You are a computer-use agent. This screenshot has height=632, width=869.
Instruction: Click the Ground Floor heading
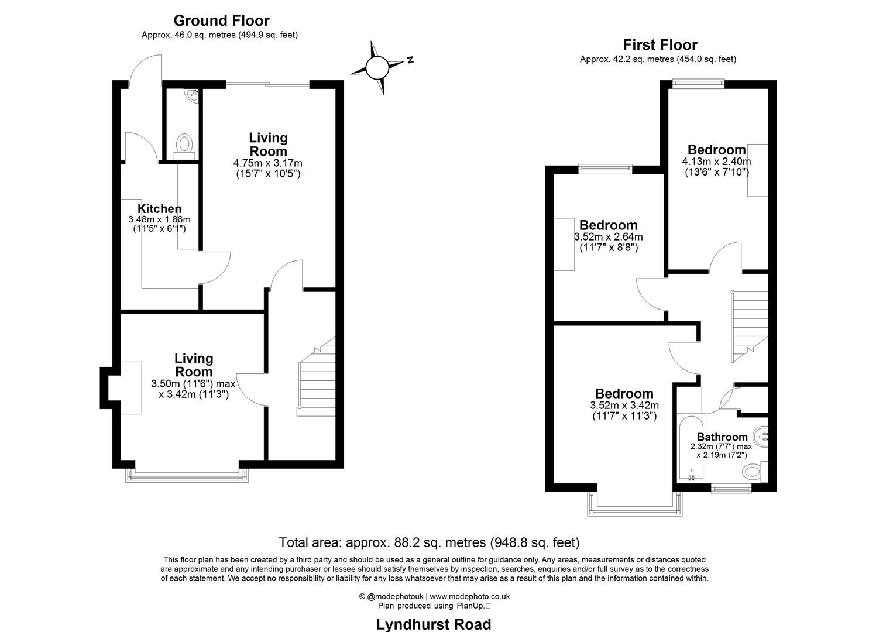click(221, 21)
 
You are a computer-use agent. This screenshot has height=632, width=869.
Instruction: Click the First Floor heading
click(660, 45)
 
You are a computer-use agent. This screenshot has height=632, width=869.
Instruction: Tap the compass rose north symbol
click(377, 67)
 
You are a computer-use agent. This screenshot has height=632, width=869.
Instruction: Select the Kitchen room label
click(159, 209)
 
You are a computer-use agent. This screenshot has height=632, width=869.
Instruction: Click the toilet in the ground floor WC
click(185, 144)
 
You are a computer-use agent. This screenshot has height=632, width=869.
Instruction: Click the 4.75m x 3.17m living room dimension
click(268, 163)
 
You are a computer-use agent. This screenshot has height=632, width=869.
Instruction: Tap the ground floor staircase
click(316, 377)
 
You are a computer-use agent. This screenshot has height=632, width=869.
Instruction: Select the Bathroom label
click(722, 437)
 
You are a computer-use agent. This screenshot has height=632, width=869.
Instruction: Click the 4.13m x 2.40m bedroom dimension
click(716, 162)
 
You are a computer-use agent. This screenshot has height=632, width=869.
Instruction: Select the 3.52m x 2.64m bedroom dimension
click(608, 237)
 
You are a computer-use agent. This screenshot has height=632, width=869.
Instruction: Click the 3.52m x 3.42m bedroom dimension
click(624, 406)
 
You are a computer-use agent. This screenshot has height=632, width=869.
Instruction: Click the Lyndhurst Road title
click(433, 624)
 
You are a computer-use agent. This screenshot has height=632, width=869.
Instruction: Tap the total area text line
click(429, 542)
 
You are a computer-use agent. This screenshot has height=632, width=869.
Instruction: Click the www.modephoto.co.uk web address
click(470, 596)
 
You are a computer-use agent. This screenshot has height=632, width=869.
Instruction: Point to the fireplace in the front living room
click(130, 387)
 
